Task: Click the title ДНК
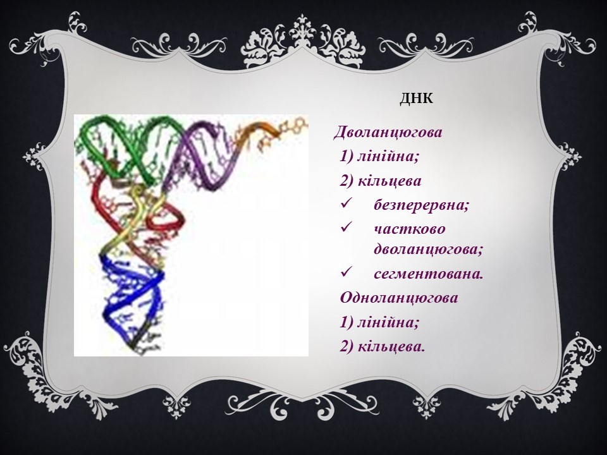click(416, 99)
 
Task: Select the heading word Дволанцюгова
click(388, 132)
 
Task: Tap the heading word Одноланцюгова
click(399, 298)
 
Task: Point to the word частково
click(410, 229)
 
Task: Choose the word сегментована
click(429, 274)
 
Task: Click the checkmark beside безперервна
click(345, 203)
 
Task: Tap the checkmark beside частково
click(345, 227)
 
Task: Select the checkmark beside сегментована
click(345, 272)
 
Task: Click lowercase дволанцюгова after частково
click(429, 250)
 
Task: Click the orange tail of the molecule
click(267, 129)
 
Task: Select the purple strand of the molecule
click(201, 155)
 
